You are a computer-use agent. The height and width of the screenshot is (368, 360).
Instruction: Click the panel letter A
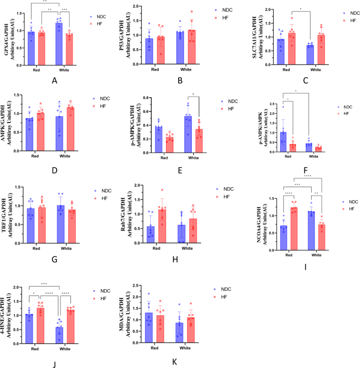tap(54, 81)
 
